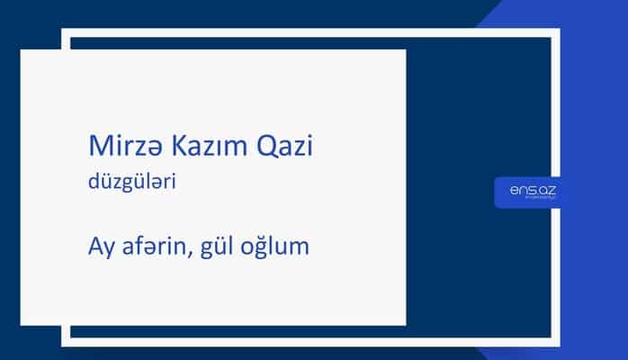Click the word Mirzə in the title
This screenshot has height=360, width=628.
tap(113, 147)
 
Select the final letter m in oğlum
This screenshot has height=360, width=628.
tap(299, 247)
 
